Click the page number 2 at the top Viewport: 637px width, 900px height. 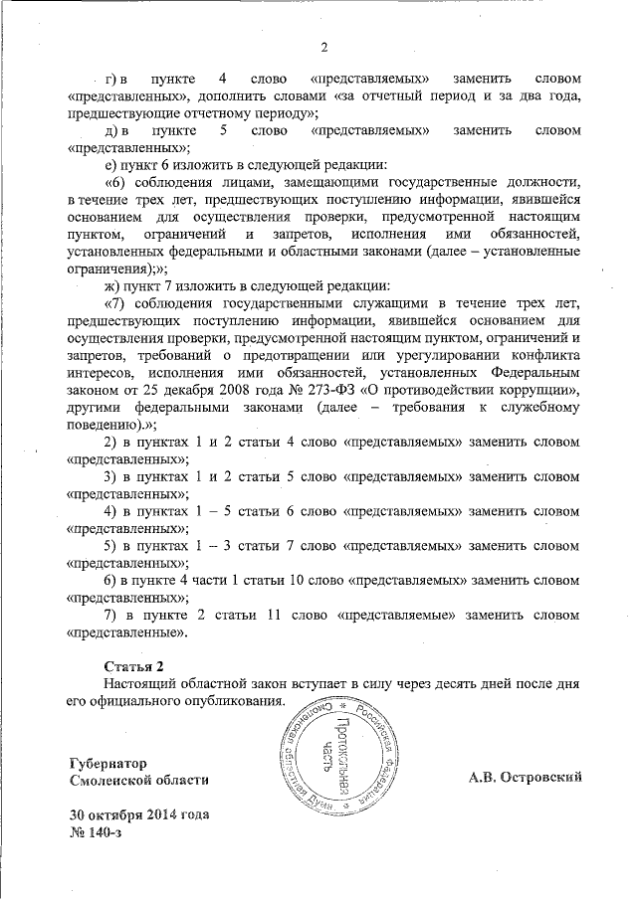[324, 47]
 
